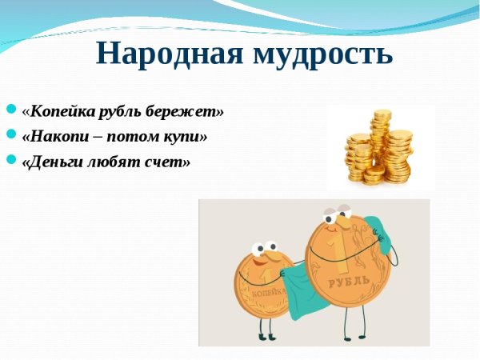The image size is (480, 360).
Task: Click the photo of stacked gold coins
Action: click(x=379, y=147)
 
